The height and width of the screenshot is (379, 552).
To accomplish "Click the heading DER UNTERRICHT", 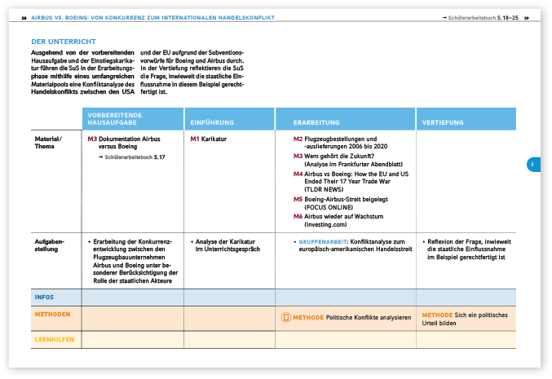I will click(64, 42).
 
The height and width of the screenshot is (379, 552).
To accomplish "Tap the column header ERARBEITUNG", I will click(316, 122).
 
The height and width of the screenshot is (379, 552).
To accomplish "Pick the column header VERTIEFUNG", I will click(443, 122).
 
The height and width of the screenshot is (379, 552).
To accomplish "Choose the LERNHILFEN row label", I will click(52, 337).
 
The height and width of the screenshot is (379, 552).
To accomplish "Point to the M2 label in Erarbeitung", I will click(298, 139).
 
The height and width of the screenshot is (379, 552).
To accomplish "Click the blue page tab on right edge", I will click(530, 165).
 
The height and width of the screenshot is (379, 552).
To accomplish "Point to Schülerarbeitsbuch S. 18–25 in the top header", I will click(479, 16).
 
